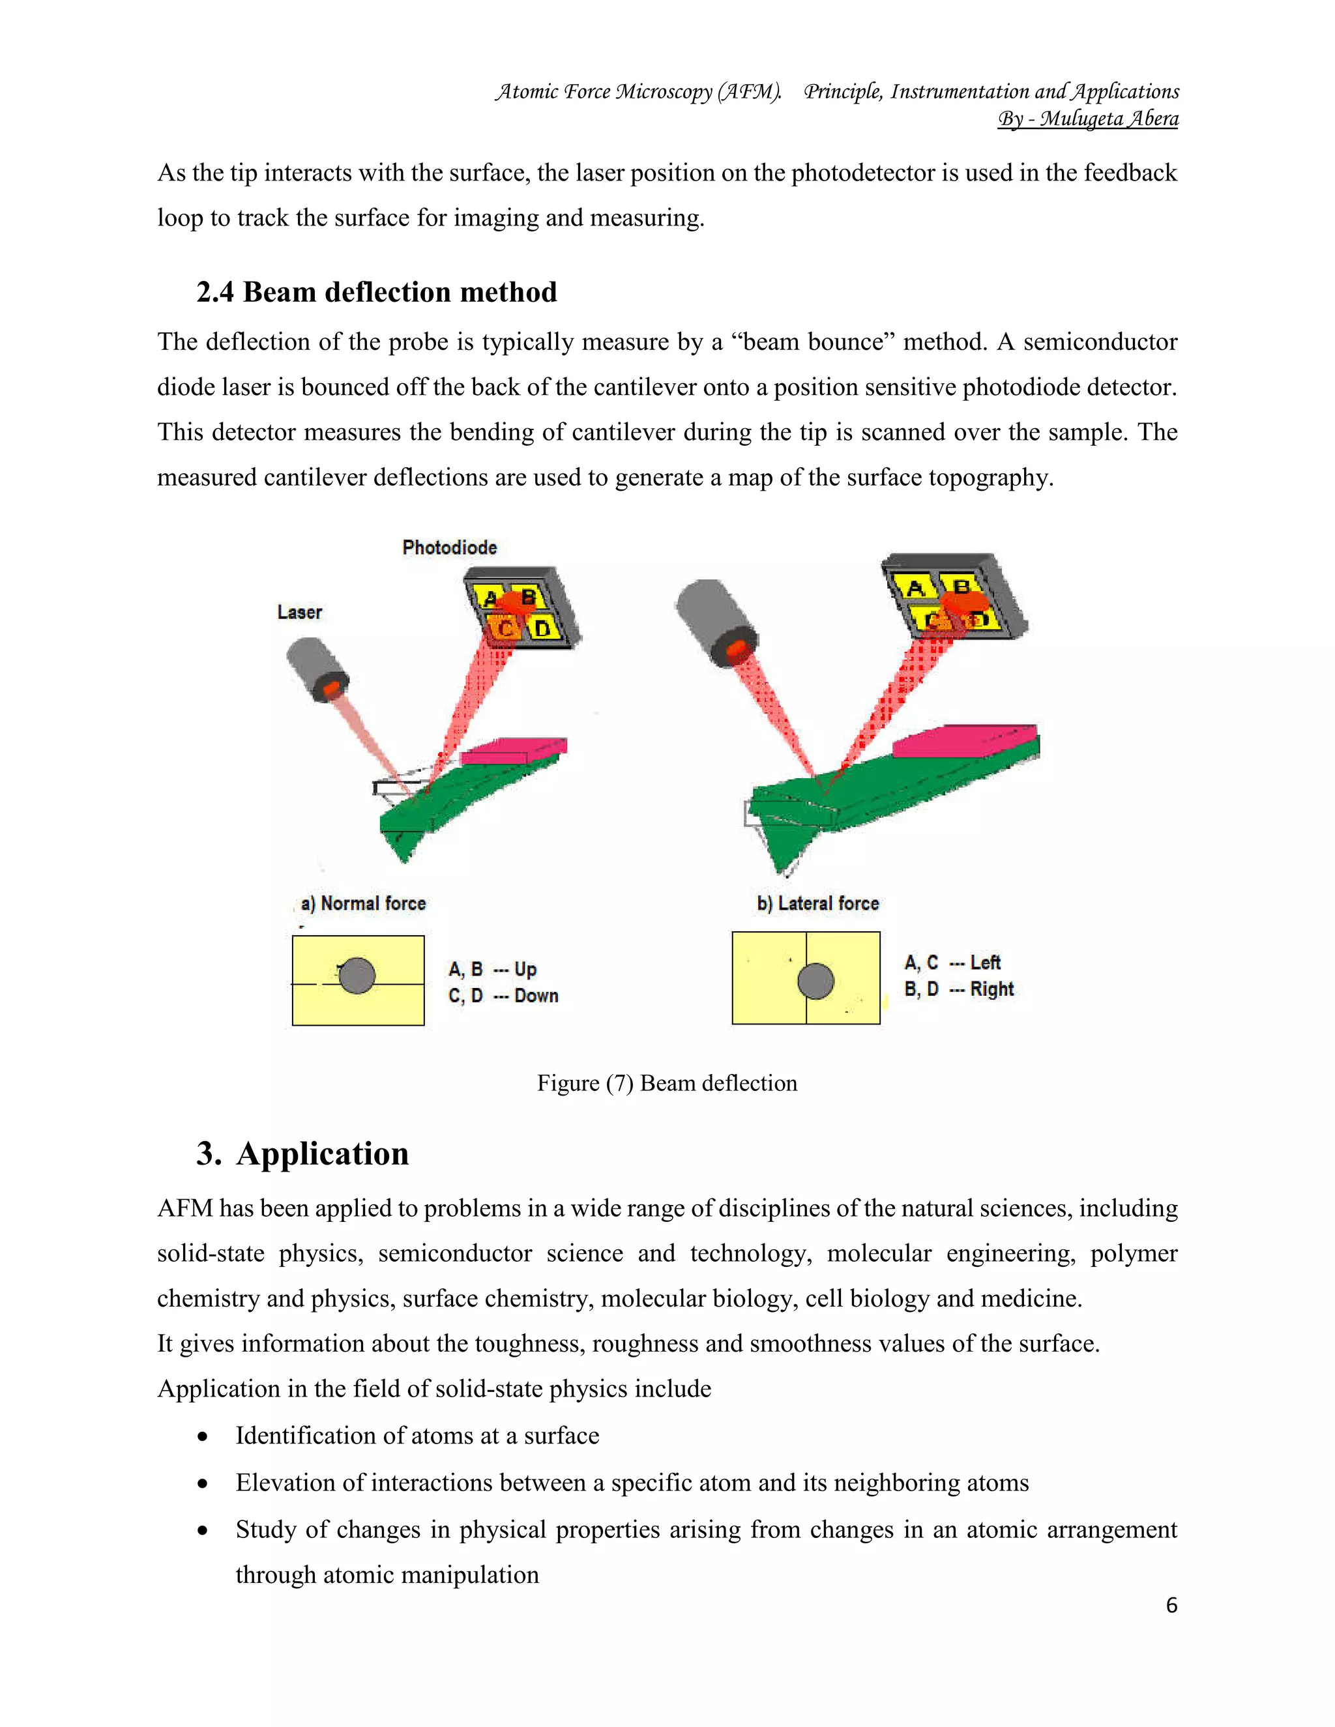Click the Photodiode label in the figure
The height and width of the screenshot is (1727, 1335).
[x=449, y=547]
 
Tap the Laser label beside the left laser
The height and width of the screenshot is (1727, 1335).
[x=299, y=612]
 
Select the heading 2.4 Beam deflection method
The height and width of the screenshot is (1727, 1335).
[x=377, y=292]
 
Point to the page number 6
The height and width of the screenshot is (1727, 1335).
[x=1171, y=1605]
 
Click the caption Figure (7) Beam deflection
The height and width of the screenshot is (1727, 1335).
[x=667, y=1082]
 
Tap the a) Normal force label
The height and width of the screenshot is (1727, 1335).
[x=363, y=903]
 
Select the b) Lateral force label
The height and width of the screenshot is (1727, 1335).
[x=818, y=903]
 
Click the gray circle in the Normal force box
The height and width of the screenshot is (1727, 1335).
[x=357, y=975]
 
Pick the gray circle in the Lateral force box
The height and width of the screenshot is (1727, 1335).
[x=815, y=981]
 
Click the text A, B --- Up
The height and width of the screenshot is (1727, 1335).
[x=492, y=970]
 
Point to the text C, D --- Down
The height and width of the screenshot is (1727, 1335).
[x=503, y=996]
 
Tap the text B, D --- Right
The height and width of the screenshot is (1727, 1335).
[x=958, y=989]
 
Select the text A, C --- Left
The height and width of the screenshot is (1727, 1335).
[x=952, y=963]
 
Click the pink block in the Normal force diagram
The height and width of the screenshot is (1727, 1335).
[x=512, y=751]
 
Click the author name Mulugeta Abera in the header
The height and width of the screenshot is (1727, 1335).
[x=1108, y=119]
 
